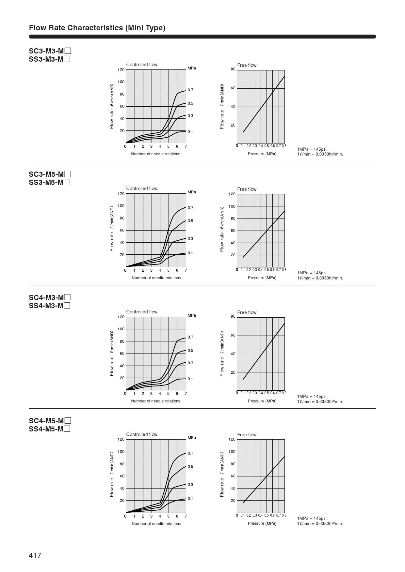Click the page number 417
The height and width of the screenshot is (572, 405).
tap(35, 555)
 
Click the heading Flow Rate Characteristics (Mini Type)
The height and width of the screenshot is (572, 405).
tap(97, 28)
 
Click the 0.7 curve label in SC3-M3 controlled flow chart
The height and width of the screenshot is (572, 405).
tap(190, 90)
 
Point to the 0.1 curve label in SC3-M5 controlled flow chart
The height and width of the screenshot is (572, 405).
tap(190, 253)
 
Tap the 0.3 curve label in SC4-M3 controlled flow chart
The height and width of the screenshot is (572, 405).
tap(190, 363)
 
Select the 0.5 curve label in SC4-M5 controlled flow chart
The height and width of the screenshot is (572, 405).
tap(190, 467)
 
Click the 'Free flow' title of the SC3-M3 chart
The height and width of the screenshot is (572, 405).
tap(247, 65)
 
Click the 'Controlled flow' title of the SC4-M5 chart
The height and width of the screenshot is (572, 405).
tap(142, 434)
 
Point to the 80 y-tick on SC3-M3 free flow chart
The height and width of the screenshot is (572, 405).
tap(233, 69)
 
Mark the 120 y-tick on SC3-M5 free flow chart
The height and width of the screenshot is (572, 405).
tap(232, 194)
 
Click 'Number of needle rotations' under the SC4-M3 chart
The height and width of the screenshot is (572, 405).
tap(156, 401)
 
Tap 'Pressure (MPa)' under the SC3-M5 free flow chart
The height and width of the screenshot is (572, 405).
tap(262, 278)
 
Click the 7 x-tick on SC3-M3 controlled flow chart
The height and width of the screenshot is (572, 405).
tap(186, 146)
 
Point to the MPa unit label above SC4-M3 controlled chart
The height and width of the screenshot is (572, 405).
tap(192, 315)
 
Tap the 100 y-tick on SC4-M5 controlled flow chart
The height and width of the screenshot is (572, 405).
tap(121, 452)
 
